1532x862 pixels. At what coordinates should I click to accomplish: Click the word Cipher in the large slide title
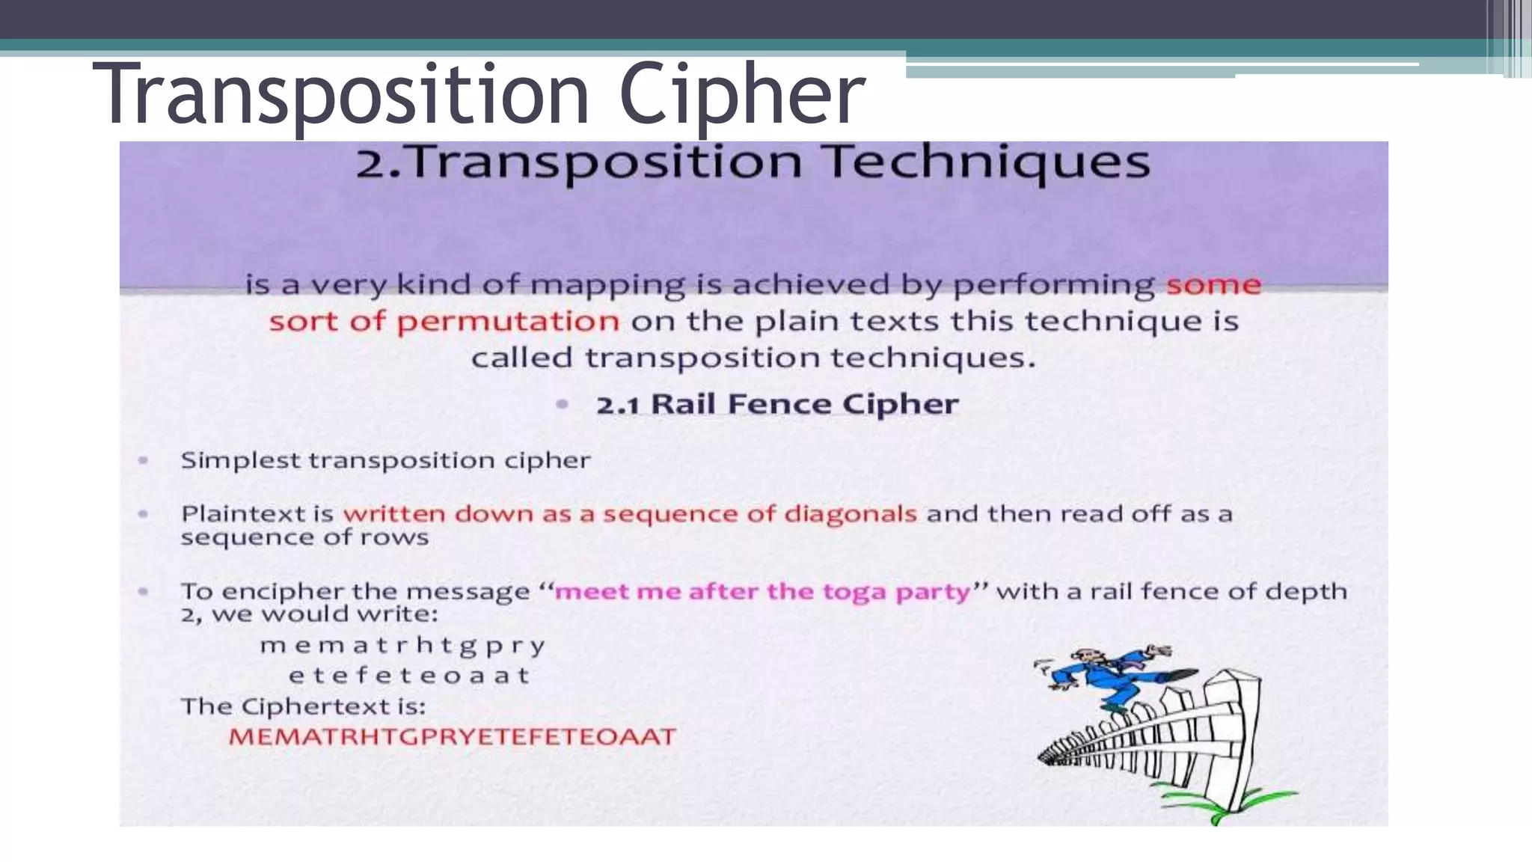[x=742, y=96]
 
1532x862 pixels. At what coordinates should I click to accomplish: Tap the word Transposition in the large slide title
[x=341, y=96]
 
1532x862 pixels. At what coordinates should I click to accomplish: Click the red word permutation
[x=507, y=322]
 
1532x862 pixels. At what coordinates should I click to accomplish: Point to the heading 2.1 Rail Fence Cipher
[x=776, y=404]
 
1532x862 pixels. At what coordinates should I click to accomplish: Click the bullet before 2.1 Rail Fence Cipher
[x=563, y=405]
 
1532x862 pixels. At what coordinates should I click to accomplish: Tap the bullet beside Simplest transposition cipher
[x=143, y=460]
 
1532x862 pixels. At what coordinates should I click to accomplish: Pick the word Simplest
[x=240, y=460]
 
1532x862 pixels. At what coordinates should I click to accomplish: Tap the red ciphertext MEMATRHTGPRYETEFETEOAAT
[x=452, y=736]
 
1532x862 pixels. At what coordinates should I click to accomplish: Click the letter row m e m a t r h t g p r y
[x=402, y=645]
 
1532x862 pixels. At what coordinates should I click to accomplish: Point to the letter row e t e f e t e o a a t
[x=409, y=676]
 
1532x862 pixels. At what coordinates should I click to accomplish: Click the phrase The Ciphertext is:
[x=303, y=706]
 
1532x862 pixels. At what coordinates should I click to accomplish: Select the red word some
[x=1213, y=285]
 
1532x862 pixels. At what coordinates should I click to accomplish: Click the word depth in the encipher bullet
[x=1305, y=591]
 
